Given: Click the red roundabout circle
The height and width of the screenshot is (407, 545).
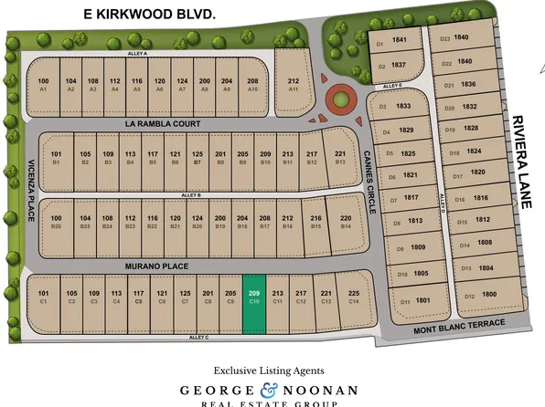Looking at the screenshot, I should (340, 97).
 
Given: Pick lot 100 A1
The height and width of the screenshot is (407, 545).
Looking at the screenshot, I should (43, 85).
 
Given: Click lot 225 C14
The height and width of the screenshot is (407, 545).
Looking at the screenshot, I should (354, 296).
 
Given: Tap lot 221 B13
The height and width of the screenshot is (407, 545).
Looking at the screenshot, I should (340, 157).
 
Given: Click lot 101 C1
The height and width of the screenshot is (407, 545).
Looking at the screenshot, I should (44, 296).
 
